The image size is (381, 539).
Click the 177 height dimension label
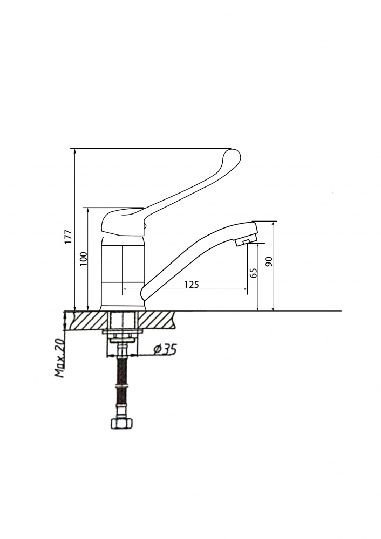(x=68, y=237)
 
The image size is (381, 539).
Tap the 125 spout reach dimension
(x=192, y=284)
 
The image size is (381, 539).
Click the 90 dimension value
(x=269, y=261)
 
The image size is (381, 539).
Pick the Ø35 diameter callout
(x=165, y=349)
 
